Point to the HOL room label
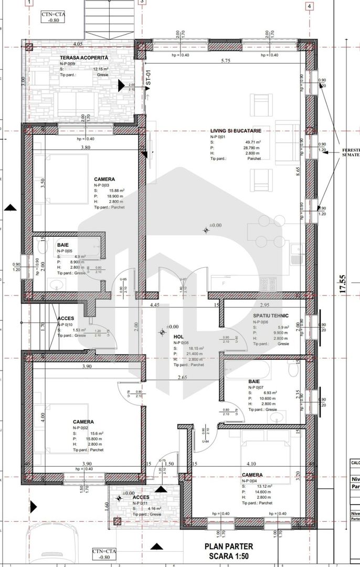pyautogui.click(x=178, y=336)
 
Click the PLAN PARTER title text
pyautogui.click(x=229, y=547)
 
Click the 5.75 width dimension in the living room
pyautogui.click(x=226, y=61)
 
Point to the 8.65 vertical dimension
pyautogui.click(x=298, y=173)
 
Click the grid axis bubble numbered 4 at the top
pyautogui.click(x=309, y=6)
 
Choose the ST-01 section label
pyautogui.click(x=148, y=79)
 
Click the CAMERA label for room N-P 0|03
pyautogui.click(x=104, y=179)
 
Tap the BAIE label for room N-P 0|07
pyautogui.click(x=255, y=382)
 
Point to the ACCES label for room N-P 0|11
pyautogui.click(x=141, y=497)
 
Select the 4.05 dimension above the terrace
pyautogui.click(x=78, y=44)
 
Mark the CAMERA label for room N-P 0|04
pyautogui.click(x=252, y=475)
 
